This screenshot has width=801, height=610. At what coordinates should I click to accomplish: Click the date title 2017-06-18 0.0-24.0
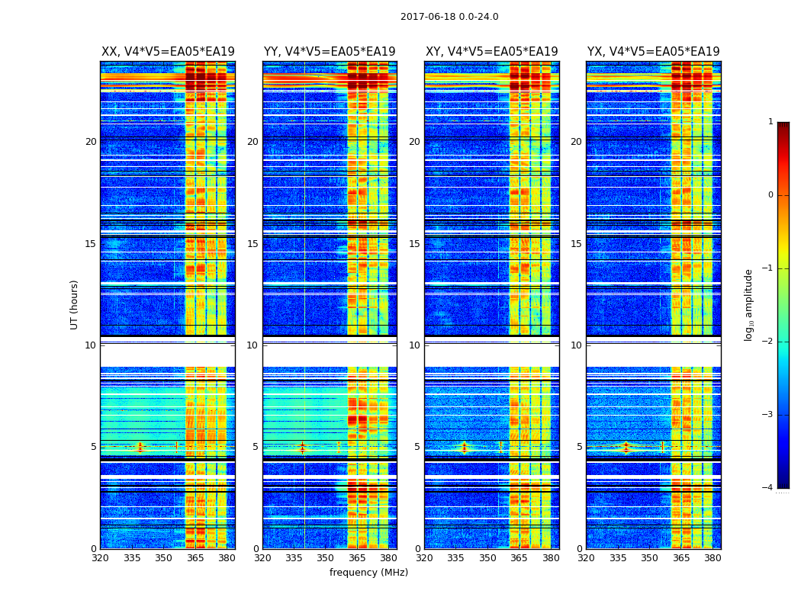449,17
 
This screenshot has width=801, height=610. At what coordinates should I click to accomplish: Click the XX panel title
168,52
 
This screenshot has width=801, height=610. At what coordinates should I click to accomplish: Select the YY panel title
330,52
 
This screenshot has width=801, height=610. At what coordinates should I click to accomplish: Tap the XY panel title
491,52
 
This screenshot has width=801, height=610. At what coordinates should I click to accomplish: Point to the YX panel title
653,52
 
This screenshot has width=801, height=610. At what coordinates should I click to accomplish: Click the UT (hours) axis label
75,304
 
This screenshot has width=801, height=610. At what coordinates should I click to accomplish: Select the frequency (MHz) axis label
368,573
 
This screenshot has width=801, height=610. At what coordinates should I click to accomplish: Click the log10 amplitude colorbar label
749,304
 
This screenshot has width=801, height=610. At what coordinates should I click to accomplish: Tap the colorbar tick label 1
770,122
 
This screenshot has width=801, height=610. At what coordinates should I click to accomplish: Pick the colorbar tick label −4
768,488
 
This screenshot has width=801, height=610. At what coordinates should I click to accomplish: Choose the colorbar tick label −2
768,342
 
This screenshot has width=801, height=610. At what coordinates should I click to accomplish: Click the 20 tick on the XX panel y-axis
91,142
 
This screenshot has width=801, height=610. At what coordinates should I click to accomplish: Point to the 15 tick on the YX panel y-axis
577,244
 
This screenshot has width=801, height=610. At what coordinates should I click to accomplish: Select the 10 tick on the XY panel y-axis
415,345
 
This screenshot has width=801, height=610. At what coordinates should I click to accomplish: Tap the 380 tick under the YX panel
713,558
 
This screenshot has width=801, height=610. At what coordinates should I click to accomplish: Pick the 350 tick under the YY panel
325,558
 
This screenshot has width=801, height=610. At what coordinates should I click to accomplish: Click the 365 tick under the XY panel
519,558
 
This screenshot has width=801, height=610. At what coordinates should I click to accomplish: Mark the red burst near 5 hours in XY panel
464,447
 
